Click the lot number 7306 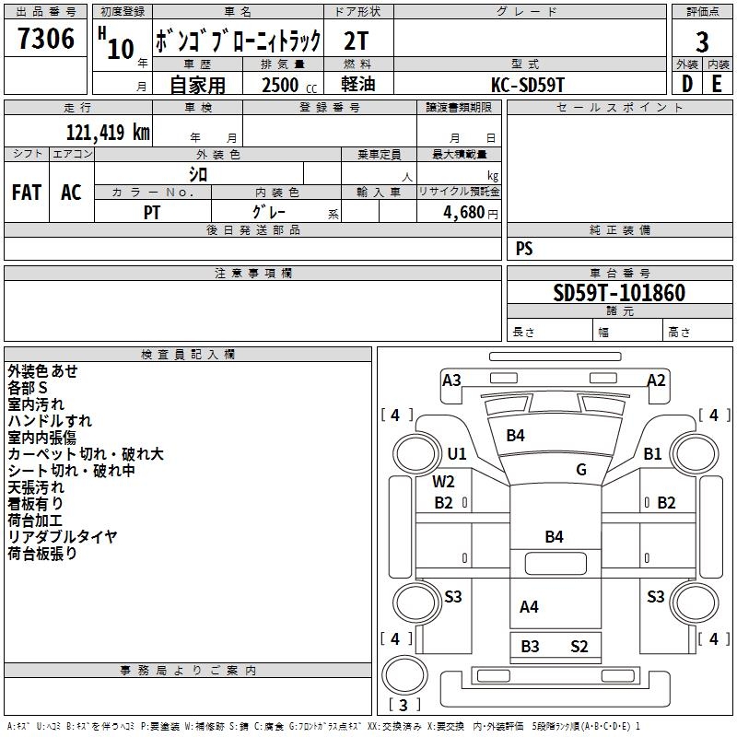pos(46,40)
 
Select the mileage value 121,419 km pos(108,132)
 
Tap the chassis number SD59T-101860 pos(619,293)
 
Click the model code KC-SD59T pos(528,84)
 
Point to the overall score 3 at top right pos(702,41)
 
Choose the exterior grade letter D pos(686,84)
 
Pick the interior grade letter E pos(717,84)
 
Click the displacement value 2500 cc pos(281,85)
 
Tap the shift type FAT pos(26,193)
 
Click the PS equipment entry pos(524,249)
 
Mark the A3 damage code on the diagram pos(451,380)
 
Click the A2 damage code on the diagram pos(656,380)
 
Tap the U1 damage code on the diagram pos(457,453)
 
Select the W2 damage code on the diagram pos(444,481)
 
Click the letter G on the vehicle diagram pos(581,469)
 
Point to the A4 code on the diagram pos(529,606)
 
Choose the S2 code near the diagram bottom pos(579,646)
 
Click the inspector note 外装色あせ pos(43,370)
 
